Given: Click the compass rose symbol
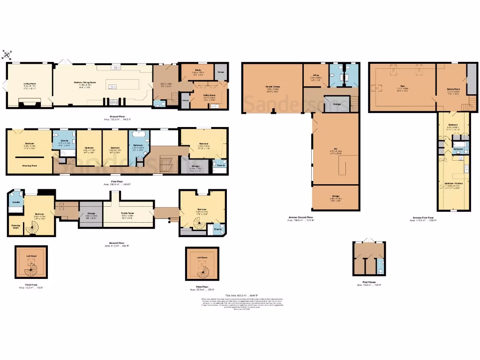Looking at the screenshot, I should coord(8,54).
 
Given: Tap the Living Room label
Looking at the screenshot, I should coord(30,85).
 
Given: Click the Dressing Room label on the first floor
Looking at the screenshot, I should coord(30,165).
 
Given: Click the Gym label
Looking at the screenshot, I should coord(402,87).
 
